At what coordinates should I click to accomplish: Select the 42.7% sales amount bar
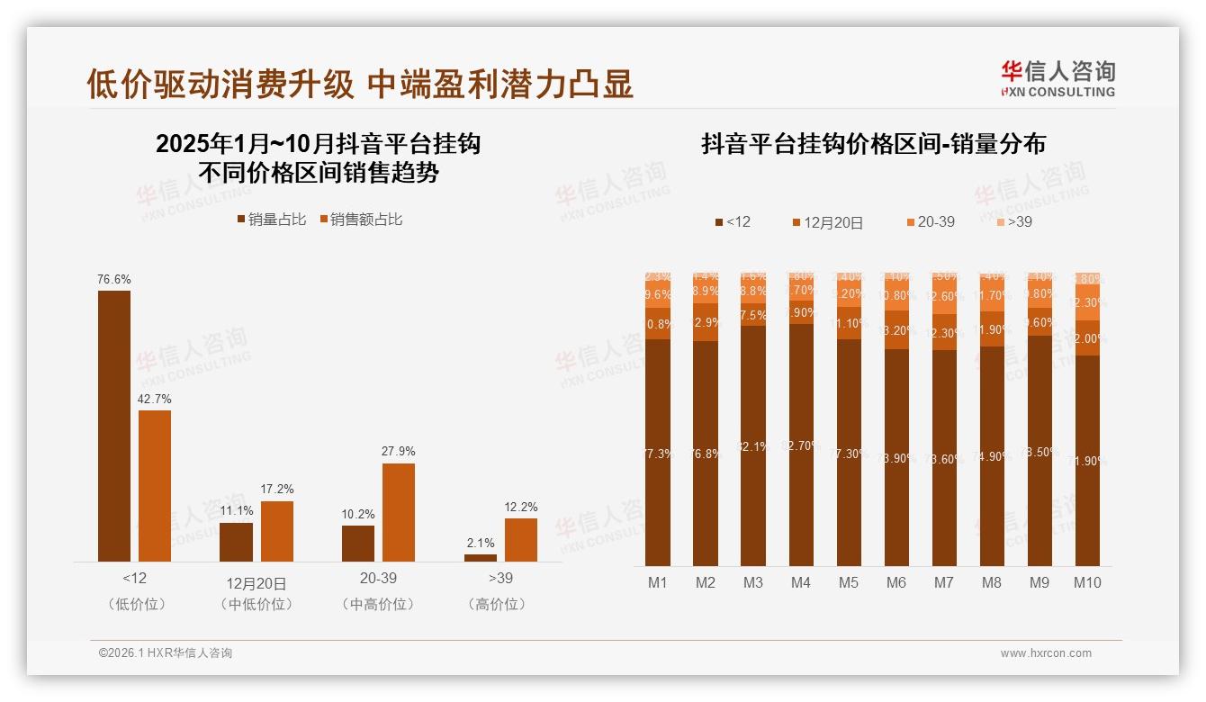click(155, 486)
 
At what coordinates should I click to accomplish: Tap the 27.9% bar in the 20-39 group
click(399, 512)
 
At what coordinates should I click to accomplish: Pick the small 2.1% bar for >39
click(480, 558)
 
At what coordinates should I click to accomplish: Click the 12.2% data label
click(520, 507)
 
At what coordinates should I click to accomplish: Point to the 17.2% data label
click(277, 490)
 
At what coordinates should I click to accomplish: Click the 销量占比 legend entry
click(272, 220)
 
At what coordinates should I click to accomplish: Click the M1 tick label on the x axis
click(658, 583)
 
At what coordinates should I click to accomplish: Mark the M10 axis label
click(1087, 583)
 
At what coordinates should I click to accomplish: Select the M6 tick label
click(896, 583)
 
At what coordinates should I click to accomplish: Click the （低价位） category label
click(137, 605)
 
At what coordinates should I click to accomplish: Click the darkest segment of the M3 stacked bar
click(753, 445)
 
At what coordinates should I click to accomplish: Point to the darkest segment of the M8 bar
click(992, 455)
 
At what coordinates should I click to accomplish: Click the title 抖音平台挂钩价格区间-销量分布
click(873, 145)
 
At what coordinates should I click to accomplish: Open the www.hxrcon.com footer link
click(1046, 653)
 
